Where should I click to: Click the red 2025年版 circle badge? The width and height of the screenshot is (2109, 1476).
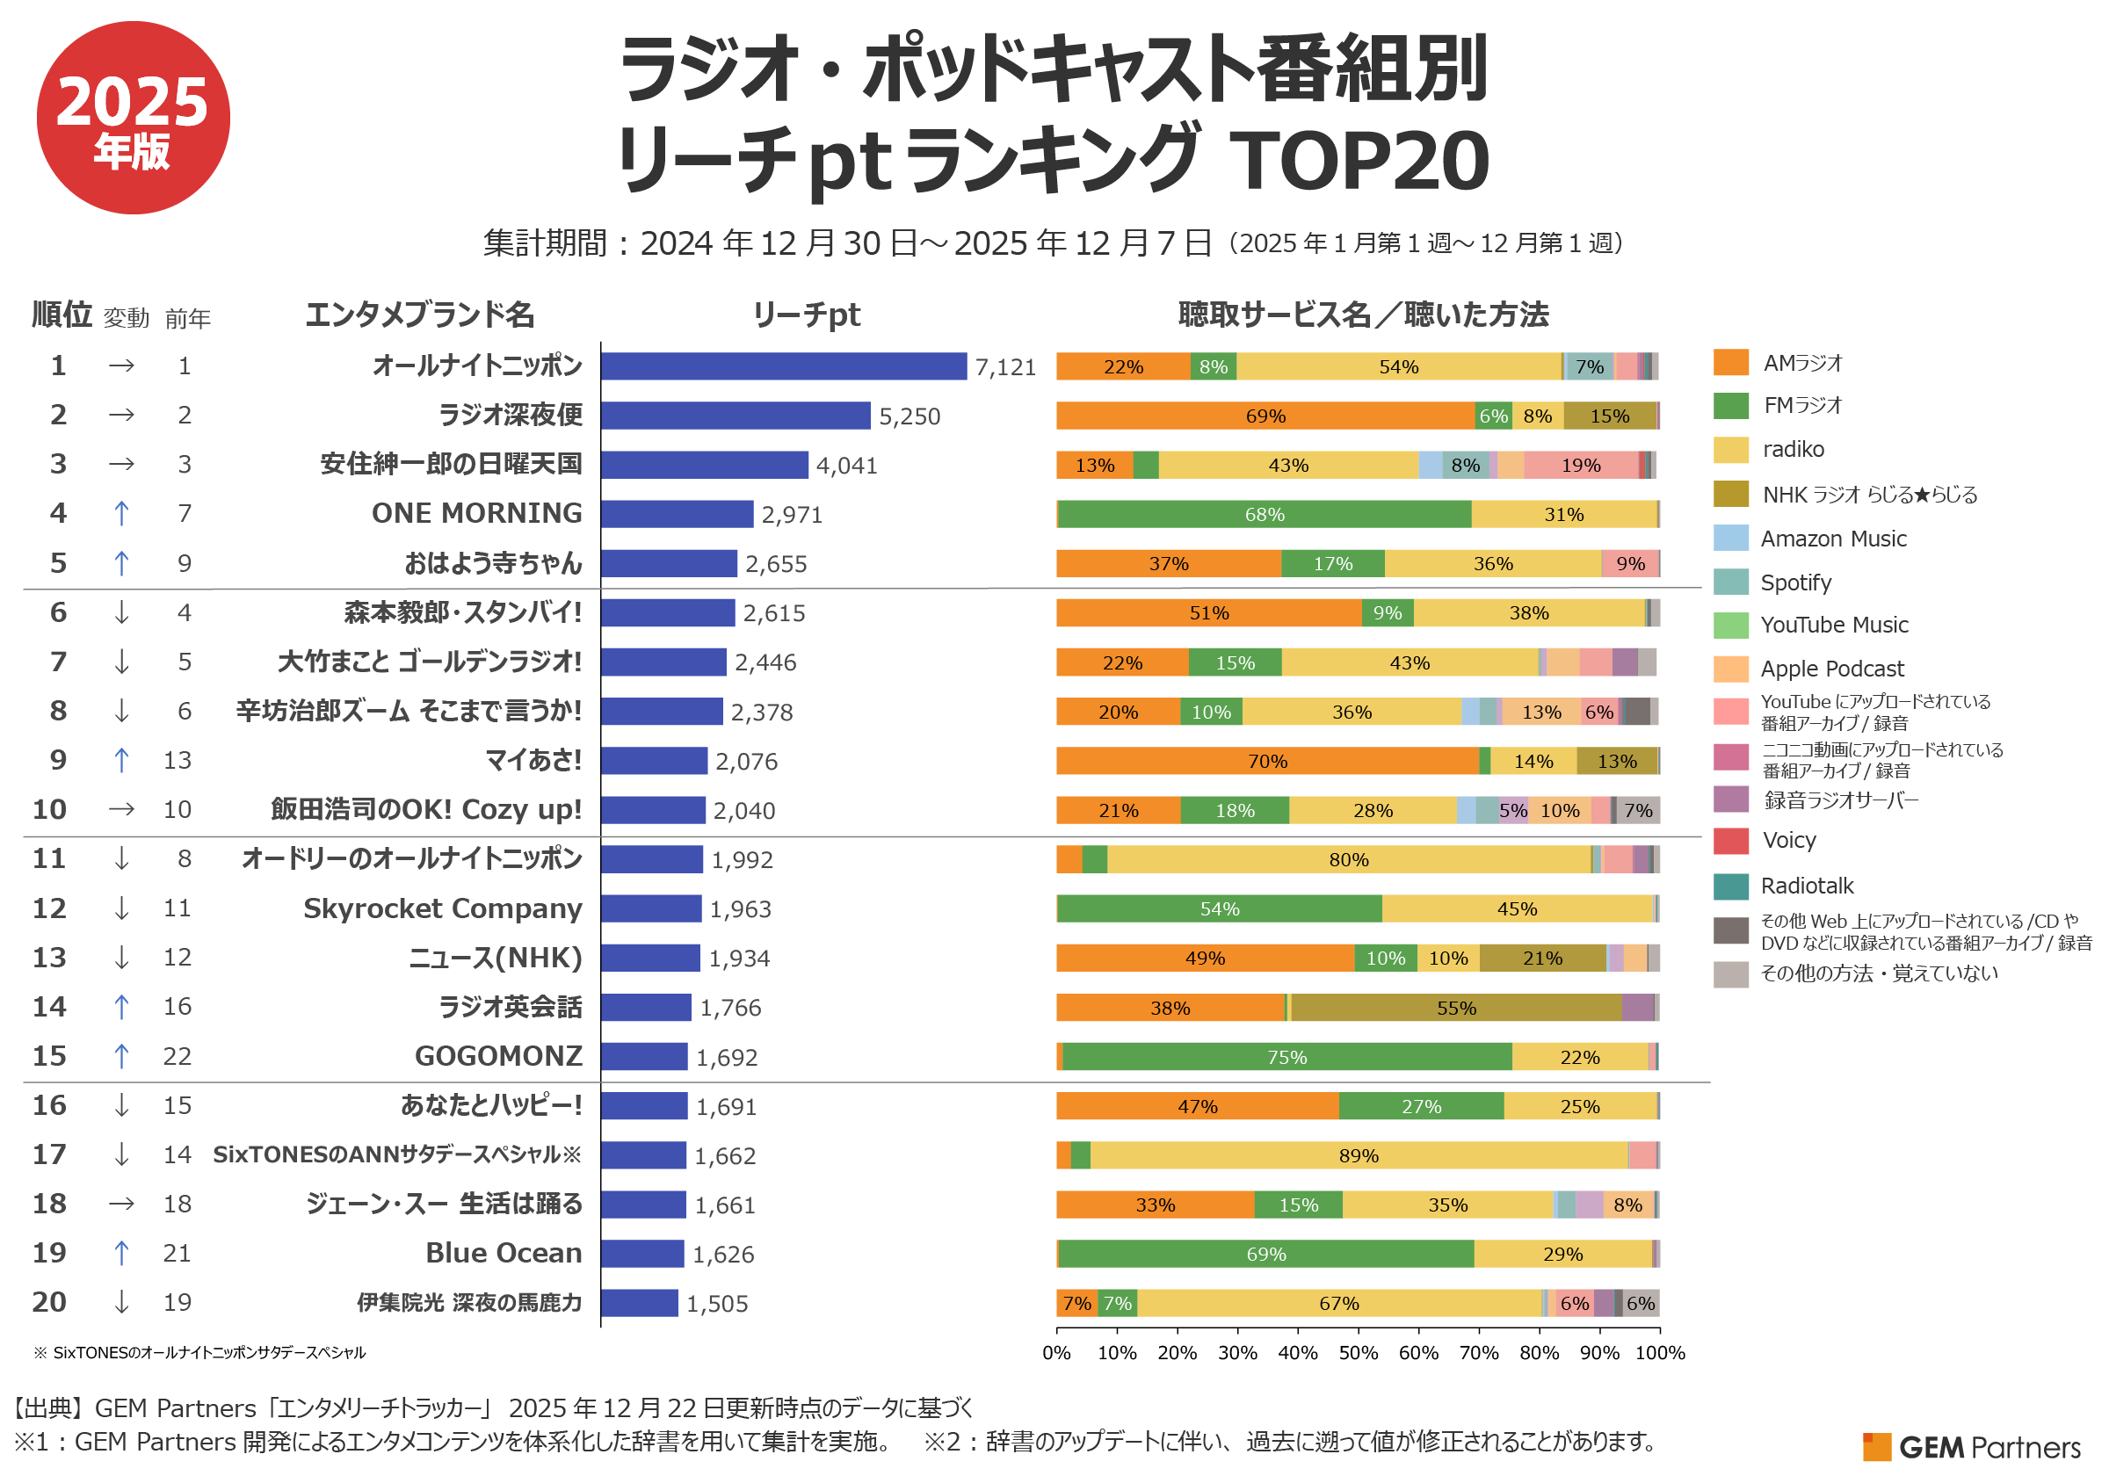(x=134, y=118)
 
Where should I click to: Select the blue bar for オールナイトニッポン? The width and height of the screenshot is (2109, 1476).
(x=784, y=365)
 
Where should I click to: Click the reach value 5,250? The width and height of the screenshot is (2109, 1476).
(x=910, y=416)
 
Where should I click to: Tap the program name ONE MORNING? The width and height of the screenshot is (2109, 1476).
(x=477, y=513)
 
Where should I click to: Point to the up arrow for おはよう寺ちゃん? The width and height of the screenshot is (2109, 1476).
(x=121, y=563)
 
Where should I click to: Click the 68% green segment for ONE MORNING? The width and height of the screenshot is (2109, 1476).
(x=1264, y=514)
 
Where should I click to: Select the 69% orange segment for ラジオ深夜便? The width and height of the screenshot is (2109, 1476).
(x=1265, y=416)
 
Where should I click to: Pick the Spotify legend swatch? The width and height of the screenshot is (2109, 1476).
(x=1730, y=582)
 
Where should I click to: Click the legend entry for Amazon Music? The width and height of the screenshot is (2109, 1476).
(x=1832, y=539)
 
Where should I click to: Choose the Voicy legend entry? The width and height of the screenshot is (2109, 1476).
(x=1788, y=841)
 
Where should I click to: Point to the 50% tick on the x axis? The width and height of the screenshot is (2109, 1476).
(x=1358, y=1352)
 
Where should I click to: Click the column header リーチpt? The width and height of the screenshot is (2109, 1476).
(x=806, y=315)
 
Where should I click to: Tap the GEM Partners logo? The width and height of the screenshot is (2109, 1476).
(x=1971, y=1447)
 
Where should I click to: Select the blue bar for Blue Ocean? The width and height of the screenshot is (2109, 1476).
(x=643, y=1254)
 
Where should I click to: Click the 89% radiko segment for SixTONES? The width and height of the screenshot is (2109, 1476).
(x=1359, y=1155)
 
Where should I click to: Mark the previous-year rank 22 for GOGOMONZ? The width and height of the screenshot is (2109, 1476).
(x=178, y=1056)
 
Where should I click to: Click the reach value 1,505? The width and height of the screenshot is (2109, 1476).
(x=717, y=1303)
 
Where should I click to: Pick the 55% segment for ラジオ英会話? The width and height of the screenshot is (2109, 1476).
(x=1456, y=1008)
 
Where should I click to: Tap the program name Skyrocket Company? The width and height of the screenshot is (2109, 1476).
(x=443, y=908)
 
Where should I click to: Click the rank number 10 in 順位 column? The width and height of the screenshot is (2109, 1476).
(x=49, y=809)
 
